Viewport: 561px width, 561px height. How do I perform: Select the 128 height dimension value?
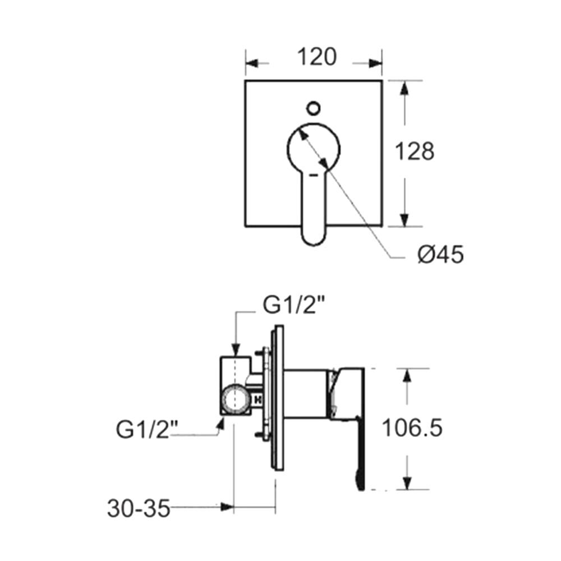click(415, 151)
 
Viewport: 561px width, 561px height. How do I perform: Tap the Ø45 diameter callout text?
click(440, 255)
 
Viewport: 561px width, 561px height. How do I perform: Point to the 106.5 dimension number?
click(412, 429)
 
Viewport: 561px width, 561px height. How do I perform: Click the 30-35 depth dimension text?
click(139, 509)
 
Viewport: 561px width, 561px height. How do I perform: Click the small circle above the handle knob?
click(314, 107)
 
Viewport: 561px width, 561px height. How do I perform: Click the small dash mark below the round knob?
click(314, 176)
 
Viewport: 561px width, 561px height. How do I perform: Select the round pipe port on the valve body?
click(234, 401)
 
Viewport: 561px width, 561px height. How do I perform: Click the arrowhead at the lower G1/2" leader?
click(220, 427)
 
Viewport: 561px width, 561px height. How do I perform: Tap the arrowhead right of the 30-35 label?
click(227, 507)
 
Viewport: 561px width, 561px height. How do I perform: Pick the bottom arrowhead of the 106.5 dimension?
click(408, 482)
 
